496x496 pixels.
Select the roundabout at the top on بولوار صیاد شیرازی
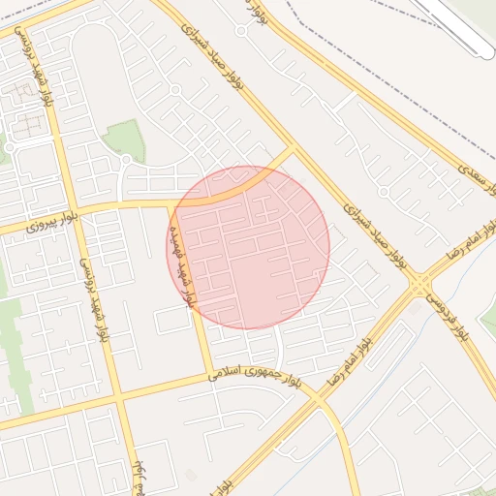(240, 30)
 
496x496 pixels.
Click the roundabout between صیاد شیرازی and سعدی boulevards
(384, 192)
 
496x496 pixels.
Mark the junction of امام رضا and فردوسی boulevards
(419, 283)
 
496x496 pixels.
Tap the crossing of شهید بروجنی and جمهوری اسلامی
(119, 398)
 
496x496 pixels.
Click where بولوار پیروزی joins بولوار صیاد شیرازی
(293, 149)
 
